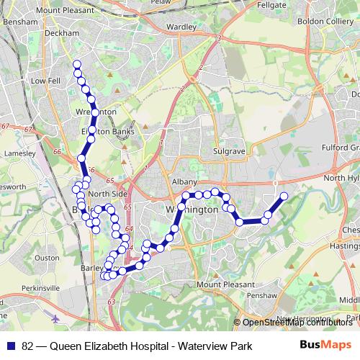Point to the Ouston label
pos(47,257)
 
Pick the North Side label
pos(109,194)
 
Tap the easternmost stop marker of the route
pos(284,196)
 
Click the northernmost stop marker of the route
pos(76,64)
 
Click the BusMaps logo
pos(326,346)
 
